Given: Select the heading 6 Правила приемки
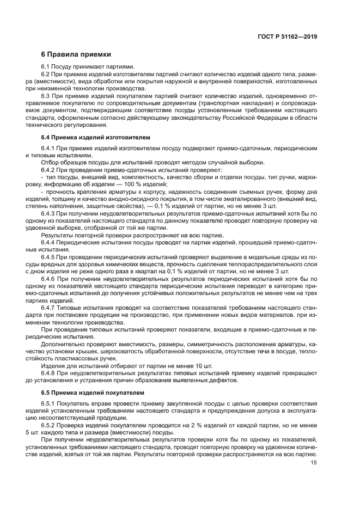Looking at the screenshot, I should [76, 54].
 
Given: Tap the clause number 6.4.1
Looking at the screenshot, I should [49, 149].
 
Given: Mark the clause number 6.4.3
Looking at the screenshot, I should [49, 214].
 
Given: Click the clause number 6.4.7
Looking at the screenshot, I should [49, 307].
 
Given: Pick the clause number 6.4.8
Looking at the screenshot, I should [49, 372].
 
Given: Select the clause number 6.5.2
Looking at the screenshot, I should [49, 425].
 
